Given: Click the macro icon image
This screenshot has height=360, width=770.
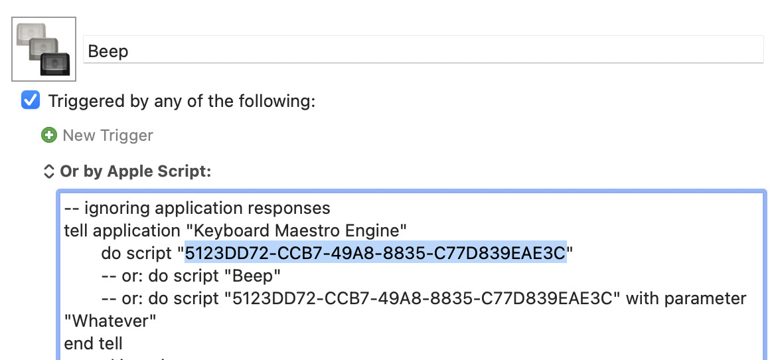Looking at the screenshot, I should tap(44, 48).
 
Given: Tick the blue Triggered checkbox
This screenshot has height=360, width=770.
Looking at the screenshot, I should tap(31, 101).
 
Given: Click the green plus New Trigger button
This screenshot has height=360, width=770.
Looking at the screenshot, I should tap(48, 135).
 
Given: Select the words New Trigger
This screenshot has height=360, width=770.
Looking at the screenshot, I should tap(108, 135).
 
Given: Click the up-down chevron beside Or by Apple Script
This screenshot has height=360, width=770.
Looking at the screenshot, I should tap(48, 171).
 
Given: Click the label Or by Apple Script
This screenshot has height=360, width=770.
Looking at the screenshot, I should tap(135, 171).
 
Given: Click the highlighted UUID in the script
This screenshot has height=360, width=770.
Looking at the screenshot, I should tap(375, 253).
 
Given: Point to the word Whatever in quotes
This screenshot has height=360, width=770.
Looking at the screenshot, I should tap(110, 321).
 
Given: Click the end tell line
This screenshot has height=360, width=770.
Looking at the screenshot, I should tap(93, 343).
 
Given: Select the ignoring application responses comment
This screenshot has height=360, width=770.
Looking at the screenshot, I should tap(197, 208).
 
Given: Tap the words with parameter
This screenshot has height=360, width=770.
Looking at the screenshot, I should tap(686, 298).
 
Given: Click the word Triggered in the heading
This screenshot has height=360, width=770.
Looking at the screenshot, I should tap(86, 101).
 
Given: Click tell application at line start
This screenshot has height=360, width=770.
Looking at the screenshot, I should tap(105, 230).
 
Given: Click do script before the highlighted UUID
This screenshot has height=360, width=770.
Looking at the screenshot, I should tap(138, 253).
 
